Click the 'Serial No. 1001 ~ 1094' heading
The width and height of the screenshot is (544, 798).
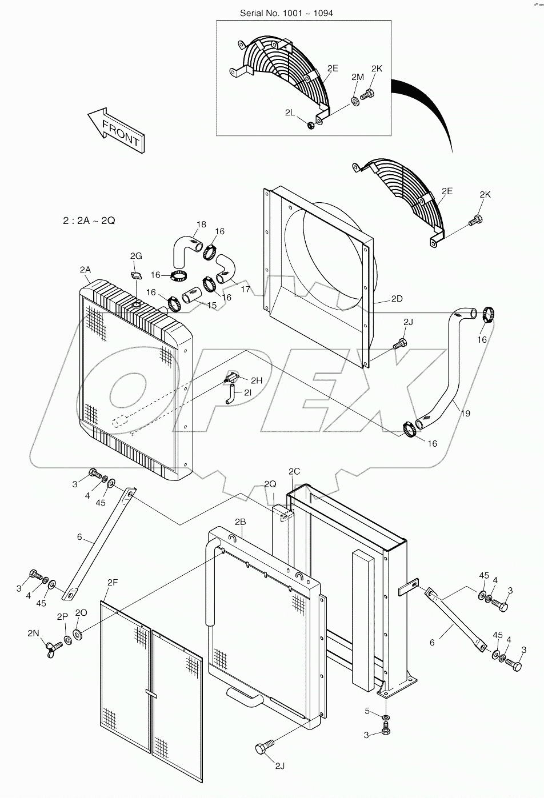click(x=286, y=14)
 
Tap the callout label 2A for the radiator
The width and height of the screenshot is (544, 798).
click(x=85, y=270)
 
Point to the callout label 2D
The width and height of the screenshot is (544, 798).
click(x=397, y=299)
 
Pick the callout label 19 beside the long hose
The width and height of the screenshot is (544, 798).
click(x=465, y=413)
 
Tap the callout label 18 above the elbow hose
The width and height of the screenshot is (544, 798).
click(x=201, y=224)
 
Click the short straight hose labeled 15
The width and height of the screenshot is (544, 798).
click(x=192, y=295)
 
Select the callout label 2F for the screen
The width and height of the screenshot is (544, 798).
click(x=113, y=583)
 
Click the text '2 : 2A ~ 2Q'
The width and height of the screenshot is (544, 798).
click(x=89, y=221)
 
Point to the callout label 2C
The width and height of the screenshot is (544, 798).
click(x=294, y=471)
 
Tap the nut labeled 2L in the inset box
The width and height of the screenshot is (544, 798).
click(x=311, y=125)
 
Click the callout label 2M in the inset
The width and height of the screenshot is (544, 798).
click(x=358, y=77)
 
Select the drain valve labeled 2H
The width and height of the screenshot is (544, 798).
click(x=233, y=376)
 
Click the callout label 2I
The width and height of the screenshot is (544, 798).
click(x=248, y=392)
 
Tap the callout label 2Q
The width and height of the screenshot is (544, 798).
click(x=270, y=483)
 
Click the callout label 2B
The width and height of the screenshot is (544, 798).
click(x=240, y=522)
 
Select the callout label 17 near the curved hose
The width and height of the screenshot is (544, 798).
click(x=246, y=289)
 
